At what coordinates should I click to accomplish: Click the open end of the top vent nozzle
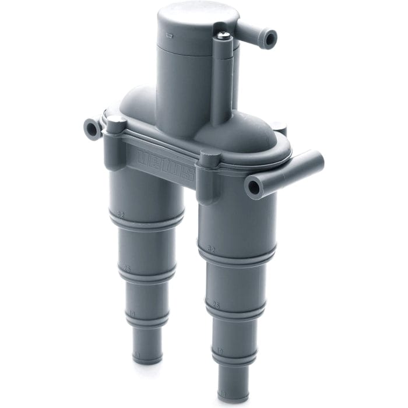pyautogui.click(x=269, y=39)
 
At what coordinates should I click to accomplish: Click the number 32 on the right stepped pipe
pyautogui.click(x=211, y=248)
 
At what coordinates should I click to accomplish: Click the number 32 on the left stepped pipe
pyautogui.click(x=121, y=214)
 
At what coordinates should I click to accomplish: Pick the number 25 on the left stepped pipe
pyautogui.click(x=125, y=269)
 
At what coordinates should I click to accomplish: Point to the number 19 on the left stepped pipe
pyautogui.click(x=131, y=314)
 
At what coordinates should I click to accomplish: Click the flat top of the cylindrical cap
pyautogui.click(x=189, y=17)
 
